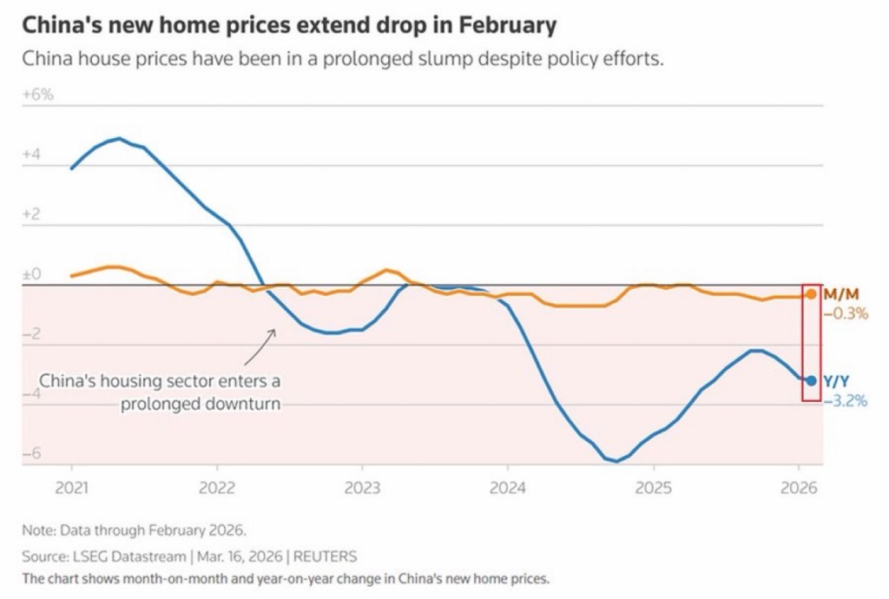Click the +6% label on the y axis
pos(37,95)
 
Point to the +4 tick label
pos(31,155)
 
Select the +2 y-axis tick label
pos(31,214)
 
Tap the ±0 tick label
pos(31,274)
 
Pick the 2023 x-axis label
pos(362,488)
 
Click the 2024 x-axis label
pos(508,488)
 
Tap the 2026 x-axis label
pos(799,488)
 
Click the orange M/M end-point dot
pos(811,294)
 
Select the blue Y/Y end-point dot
pos(811,380)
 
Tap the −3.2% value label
pos(845,400)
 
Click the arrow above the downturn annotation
pos(260,346)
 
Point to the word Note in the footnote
pos(37,530)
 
